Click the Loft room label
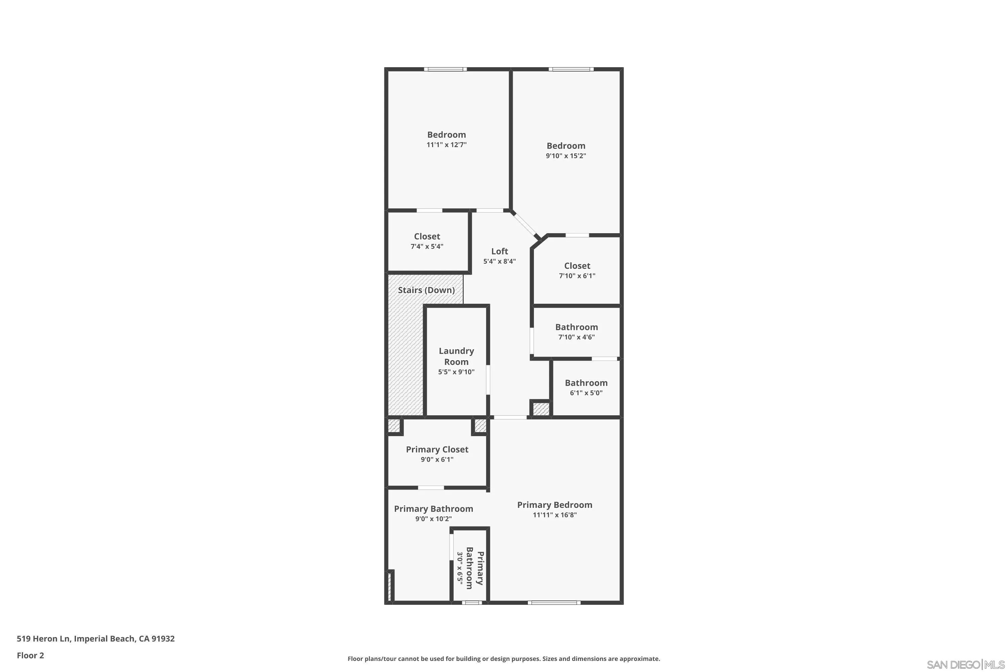point(499,251)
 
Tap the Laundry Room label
point(456,356)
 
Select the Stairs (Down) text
point(426,290)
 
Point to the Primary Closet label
point(437,450)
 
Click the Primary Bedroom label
point(555,505)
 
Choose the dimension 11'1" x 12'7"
point(446,145)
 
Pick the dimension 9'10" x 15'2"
point(566,156)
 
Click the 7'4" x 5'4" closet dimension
point(427,246)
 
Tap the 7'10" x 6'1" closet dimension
point(577,276)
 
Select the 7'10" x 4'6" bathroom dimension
point(577,337)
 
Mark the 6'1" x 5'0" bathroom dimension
point(586,393)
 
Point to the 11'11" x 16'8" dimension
point(555,515)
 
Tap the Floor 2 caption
point(31,655)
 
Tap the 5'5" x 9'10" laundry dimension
point(456,372)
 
